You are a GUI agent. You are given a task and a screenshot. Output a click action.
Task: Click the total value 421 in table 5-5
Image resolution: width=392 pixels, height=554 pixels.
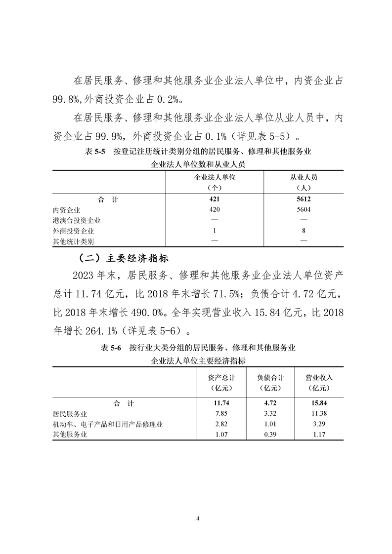pyautogui.click(x=214, y=199)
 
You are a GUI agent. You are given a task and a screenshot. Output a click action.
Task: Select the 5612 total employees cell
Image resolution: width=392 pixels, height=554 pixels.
pyautogui.click(x=304, y=199)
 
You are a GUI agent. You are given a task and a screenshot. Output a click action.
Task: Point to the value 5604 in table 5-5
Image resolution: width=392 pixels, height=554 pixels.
pyautogui.click(x=304, y=210)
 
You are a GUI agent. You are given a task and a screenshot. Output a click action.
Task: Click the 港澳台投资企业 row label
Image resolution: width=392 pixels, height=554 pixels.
pyautogui.click(x=77, y=220)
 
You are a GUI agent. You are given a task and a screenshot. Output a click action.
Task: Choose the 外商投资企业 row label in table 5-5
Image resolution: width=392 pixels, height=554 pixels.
pyautogui.click(x=73, y=231)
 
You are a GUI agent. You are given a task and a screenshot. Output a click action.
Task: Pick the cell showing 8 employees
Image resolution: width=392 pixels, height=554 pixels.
pyautogui.click(x=304, y=231)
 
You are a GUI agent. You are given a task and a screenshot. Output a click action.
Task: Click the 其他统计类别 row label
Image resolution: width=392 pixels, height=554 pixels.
pyautogui.click(x=73, y=241)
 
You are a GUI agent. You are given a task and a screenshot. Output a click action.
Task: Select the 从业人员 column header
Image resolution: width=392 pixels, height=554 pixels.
pyautogui.click(x=304, y=178)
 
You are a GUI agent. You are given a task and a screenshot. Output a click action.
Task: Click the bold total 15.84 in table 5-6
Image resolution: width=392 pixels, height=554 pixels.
pyautogui.click(x=319, y=403)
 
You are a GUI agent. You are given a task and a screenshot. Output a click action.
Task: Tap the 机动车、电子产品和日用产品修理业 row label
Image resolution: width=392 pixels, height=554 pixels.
pyautogui.click(x=108, y=424)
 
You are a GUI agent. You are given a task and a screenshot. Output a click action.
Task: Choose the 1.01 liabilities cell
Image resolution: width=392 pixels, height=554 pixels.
pyautogui.click(x=270, y=424)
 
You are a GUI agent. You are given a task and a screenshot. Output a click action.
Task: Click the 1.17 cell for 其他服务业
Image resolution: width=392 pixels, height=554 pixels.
pyautogui.click(x=319, y=435)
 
